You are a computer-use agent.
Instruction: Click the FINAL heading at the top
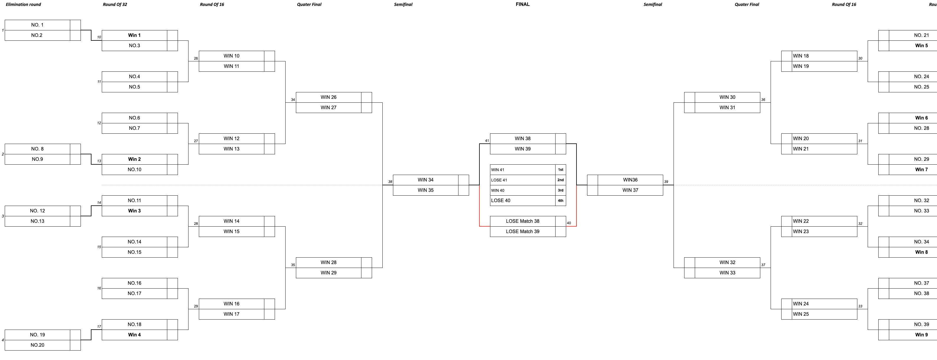tap(522, 4)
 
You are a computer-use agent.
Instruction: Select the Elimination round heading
tap(23, 4)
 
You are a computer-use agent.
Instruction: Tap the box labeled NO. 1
tap(37, 25)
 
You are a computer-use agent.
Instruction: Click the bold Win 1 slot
tap(134, 35)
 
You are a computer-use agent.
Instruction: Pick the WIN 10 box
tap(231, 56)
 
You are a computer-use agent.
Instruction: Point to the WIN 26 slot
tap(328, 97)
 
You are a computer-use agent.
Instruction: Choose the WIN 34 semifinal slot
tap(426, 180)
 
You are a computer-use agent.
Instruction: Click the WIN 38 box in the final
tap(522, 139)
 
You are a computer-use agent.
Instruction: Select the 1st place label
tap(561, 169)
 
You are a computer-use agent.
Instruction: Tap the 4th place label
tap(561, 200)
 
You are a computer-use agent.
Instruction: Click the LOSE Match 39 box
tap(522, 232)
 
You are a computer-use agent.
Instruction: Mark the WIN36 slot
tap(630, 180)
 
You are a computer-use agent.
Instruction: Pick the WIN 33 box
tap(727, 273)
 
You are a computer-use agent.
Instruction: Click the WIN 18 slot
tap(801, 56)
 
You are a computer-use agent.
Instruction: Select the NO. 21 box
tap(921, 35)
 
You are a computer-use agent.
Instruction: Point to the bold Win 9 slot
tap(921, 335)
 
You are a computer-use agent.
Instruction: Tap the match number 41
tap(487, 141)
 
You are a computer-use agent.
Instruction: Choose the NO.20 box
tap(37, 345)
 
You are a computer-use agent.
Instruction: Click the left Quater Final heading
tap(309, 4)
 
